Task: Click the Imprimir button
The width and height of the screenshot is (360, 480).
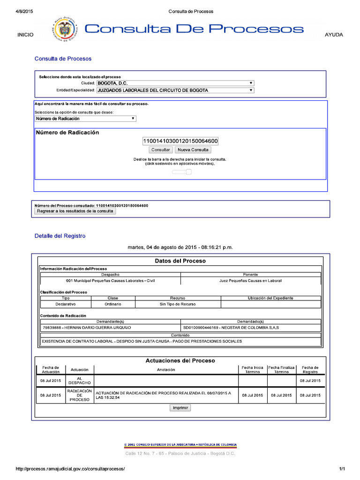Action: tap(180, 408)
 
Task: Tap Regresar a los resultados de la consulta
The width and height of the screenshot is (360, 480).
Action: tap(75, 211)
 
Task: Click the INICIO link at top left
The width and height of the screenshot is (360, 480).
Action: tap(25, 35)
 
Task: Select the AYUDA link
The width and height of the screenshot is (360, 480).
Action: tap(334, 35)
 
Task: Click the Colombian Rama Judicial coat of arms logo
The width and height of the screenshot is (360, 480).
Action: tap(65, 30)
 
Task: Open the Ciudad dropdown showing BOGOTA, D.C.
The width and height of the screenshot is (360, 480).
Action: tap(175, 83)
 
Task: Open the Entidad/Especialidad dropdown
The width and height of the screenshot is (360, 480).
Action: tap(175, 90)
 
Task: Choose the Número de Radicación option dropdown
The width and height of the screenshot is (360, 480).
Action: tap(85, 119)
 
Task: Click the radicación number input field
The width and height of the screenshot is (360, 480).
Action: tap(180, 141)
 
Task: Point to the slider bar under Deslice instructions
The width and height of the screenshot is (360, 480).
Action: tap(181, 172)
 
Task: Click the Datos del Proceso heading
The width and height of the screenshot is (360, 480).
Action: tap(180, 261)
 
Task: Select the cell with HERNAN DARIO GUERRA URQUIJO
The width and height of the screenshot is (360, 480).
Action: tap(110, 328)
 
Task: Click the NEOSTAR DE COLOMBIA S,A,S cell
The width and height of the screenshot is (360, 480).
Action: tap(251, 328)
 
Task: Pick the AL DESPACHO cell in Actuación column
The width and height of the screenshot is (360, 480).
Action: tap(79, 381)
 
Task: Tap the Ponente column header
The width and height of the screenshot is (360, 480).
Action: tap(251, 274)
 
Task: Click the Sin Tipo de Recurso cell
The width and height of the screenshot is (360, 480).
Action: tap(178, 304)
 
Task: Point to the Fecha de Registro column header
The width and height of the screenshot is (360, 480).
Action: tap(310, 370)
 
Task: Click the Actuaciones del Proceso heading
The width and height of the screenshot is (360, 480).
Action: tap(180, 360)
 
